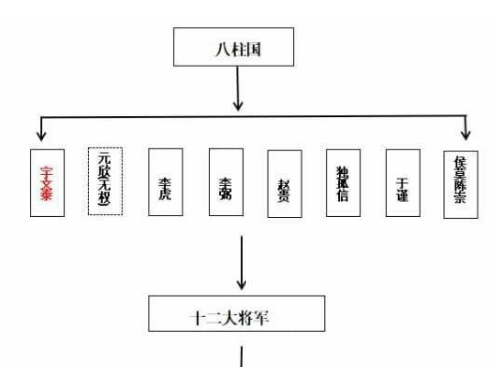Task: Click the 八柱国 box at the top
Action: click(236, 47)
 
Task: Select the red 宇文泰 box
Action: click(46, 182)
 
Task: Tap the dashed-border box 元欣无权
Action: click(105, 181)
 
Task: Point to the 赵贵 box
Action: click(284, 183)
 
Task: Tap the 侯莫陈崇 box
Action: click(461, 183)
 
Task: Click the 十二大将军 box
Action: click(236, 312)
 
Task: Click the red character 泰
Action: click(46, 198)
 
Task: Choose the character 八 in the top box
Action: click(219, 47)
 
